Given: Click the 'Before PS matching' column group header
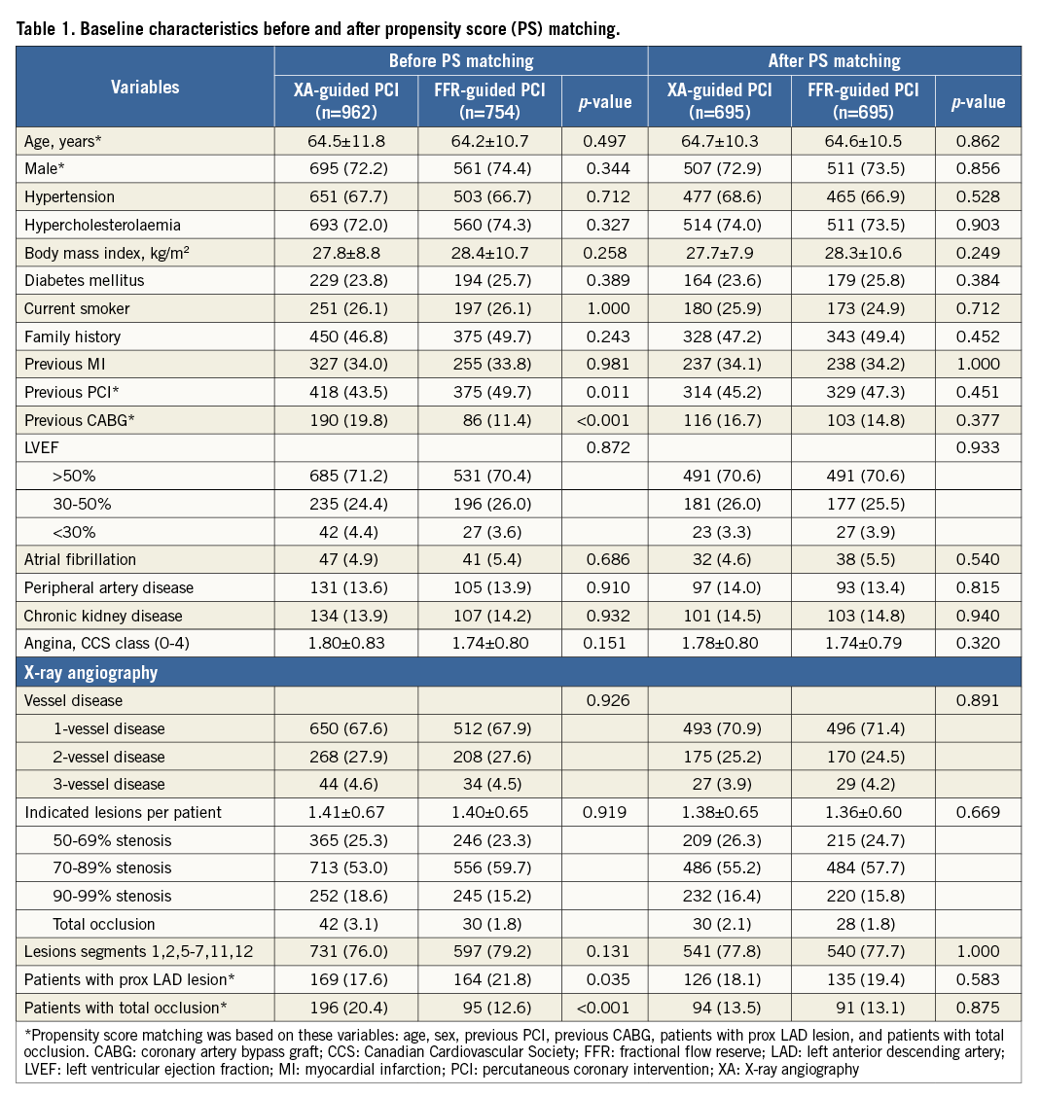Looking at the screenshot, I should point(461,61).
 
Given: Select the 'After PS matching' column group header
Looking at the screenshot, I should point(835,61).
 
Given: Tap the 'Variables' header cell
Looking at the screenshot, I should point(145,88).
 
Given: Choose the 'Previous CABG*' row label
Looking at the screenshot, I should point(77,420).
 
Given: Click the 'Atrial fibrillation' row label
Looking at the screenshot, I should point(80,559).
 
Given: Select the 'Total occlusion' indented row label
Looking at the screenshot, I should point(104,924).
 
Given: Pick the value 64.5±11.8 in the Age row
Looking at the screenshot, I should point(345,141).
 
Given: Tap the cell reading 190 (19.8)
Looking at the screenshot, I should point(345,420).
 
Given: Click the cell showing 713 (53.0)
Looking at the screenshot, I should point(345,867).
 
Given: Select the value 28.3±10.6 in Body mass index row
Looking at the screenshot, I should point(862,253).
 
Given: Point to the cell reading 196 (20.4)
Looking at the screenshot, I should point(345,1008).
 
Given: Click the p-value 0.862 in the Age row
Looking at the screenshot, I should point(978,141).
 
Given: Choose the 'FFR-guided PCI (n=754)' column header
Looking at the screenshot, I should point(490,101).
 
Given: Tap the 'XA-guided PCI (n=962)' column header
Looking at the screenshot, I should point(345,101).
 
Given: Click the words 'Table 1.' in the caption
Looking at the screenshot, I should point(46,28).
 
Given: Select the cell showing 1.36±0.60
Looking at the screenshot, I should point(862,812).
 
